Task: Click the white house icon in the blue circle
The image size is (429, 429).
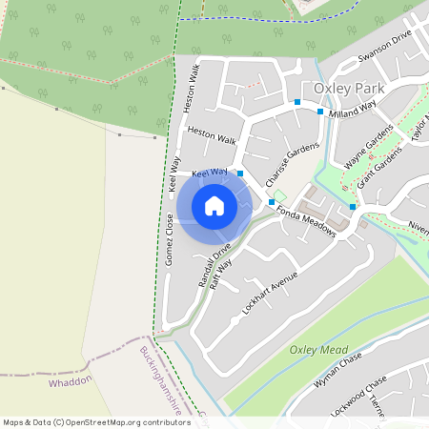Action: point(214,206)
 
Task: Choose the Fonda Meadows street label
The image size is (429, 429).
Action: point(307,223)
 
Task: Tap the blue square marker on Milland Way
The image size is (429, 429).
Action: point(320,112)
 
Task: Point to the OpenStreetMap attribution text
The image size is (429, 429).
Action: point(96,421)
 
